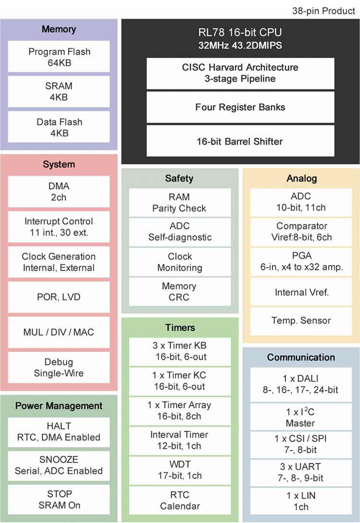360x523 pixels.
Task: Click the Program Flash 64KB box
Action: tap(59, 57)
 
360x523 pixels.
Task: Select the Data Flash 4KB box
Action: tap(59, 127)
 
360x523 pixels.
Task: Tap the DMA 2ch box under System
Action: tap(59, 191)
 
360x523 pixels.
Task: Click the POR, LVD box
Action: tap(59, 297)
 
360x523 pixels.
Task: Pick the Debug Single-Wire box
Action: tap(59, 367)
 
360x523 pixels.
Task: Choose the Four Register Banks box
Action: tap(240, 107)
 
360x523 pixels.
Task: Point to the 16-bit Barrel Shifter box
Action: tap(240, 141)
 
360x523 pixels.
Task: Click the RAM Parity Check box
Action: tap(180, 203)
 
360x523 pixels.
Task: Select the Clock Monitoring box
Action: tap(180, 262)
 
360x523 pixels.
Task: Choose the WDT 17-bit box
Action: tap(180, 470)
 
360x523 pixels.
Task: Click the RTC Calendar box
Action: tap(180, 500)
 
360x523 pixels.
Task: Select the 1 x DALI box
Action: tap(301, 384)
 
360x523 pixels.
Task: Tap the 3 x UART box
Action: tap(301, 472)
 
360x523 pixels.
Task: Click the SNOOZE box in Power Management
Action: tap(59, 465)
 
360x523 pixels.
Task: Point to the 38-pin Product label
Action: tap(324, 11)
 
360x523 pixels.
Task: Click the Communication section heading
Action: tap(301, 357)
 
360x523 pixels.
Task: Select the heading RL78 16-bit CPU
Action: tap(240, 33)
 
